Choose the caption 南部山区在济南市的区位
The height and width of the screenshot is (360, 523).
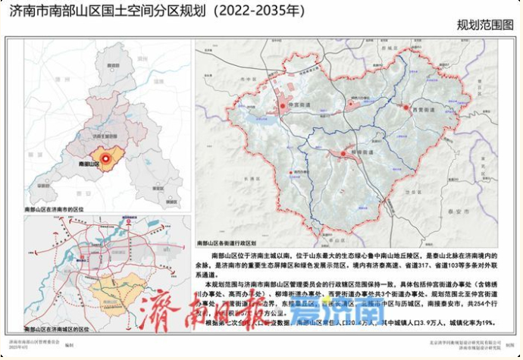(58, 207)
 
